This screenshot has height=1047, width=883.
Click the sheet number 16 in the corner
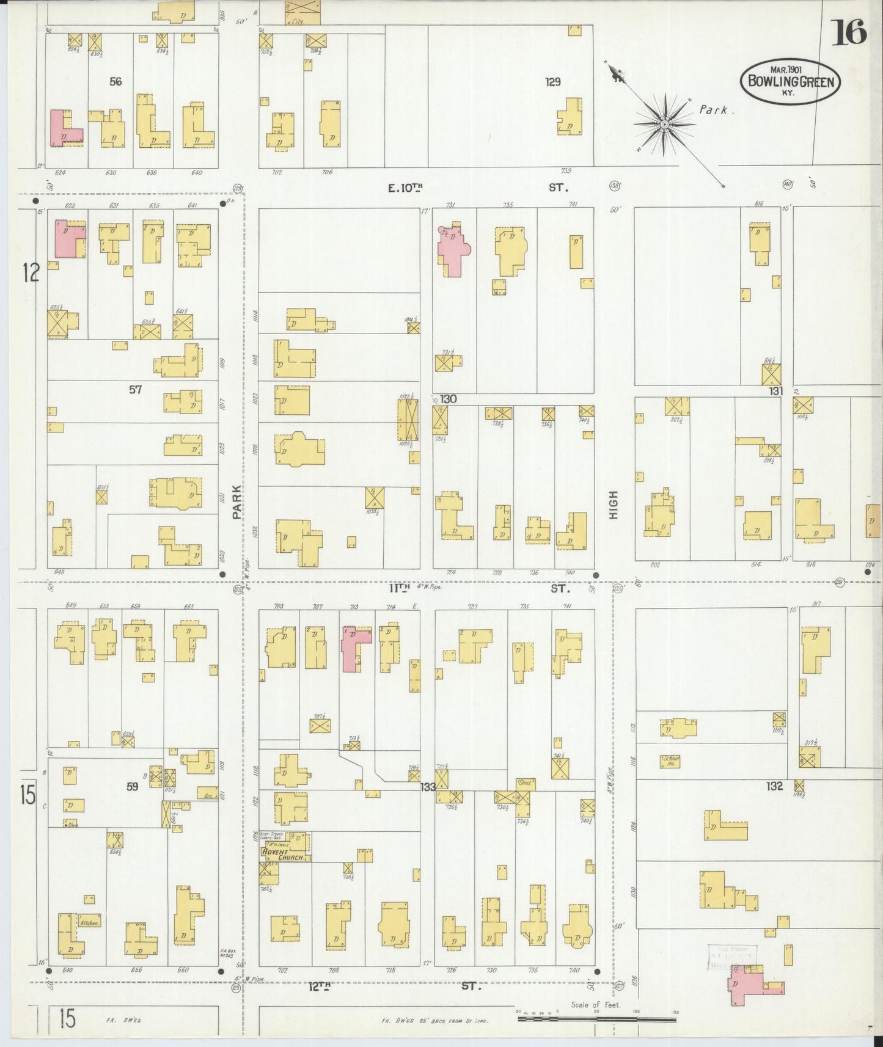click(849, 32)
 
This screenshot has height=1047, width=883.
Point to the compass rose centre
click(664, 125)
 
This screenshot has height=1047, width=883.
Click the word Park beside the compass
click(714, 111)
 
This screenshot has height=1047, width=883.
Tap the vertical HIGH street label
click(613, 505)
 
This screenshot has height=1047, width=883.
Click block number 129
click(552, 81)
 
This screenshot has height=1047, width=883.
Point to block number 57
click(135, 389)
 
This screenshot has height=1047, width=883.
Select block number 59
click(133, 787)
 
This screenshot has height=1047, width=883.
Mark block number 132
click(774, 786)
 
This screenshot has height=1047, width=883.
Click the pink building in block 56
click(63, 130)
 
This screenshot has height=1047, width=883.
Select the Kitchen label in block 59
click(89, 923)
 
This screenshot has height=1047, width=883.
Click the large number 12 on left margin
click(30, 272)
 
